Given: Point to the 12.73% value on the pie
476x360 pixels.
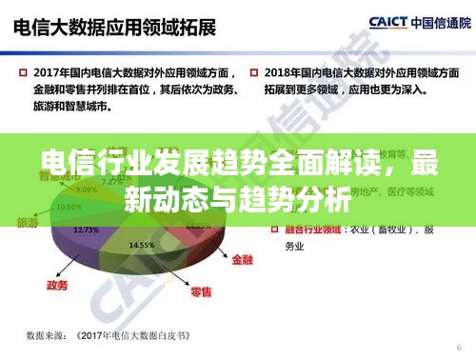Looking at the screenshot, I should pyautogui.click(x=86, y=230).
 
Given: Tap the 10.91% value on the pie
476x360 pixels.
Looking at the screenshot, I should pyautogui.click(x=68, y=207).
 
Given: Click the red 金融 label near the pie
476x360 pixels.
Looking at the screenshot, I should pyautogui.click(x=243, y=258).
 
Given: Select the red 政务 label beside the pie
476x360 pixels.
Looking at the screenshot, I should pyautogui.click(x=56, y=284).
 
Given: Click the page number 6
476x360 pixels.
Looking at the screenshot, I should pyautogui.click(x=459, y=346).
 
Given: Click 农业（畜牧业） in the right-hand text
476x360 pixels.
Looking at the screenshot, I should pyautogui.click(x=376, y=230).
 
